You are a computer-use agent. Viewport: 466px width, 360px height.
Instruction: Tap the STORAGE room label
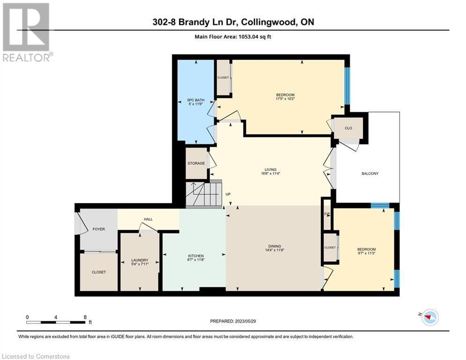point(196,163)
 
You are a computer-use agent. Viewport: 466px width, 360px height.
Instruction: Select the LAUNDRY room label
point(140,260)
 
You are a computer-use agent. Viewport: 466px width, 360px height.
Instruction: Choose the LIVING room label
point(270,170)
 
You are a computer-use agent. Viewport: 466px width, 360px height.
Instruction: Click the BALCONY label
point(370,173)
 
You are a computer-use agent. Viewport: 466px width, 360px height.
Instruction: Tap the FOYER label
point(98,229)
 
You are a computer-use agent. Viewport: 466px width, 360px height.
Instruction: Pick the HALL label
point(148,219)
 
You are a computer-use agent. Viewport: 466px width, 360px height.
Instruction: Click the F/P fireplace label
point(327,214)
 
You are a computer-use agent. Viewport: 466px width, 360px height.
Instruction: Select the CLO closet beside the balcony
point(348,128)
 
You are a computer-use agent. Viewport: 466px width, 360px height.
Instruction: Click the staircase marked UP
point(203,194)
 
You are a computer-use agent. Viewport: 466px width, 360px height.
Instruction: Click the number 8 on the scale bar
point(85,317)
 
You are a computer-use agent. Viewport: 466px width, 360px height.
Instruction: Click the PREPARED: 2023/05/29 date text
point(233,321)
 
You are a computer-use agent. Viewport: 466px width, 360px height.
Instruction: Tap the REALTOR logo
point(27,32)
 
